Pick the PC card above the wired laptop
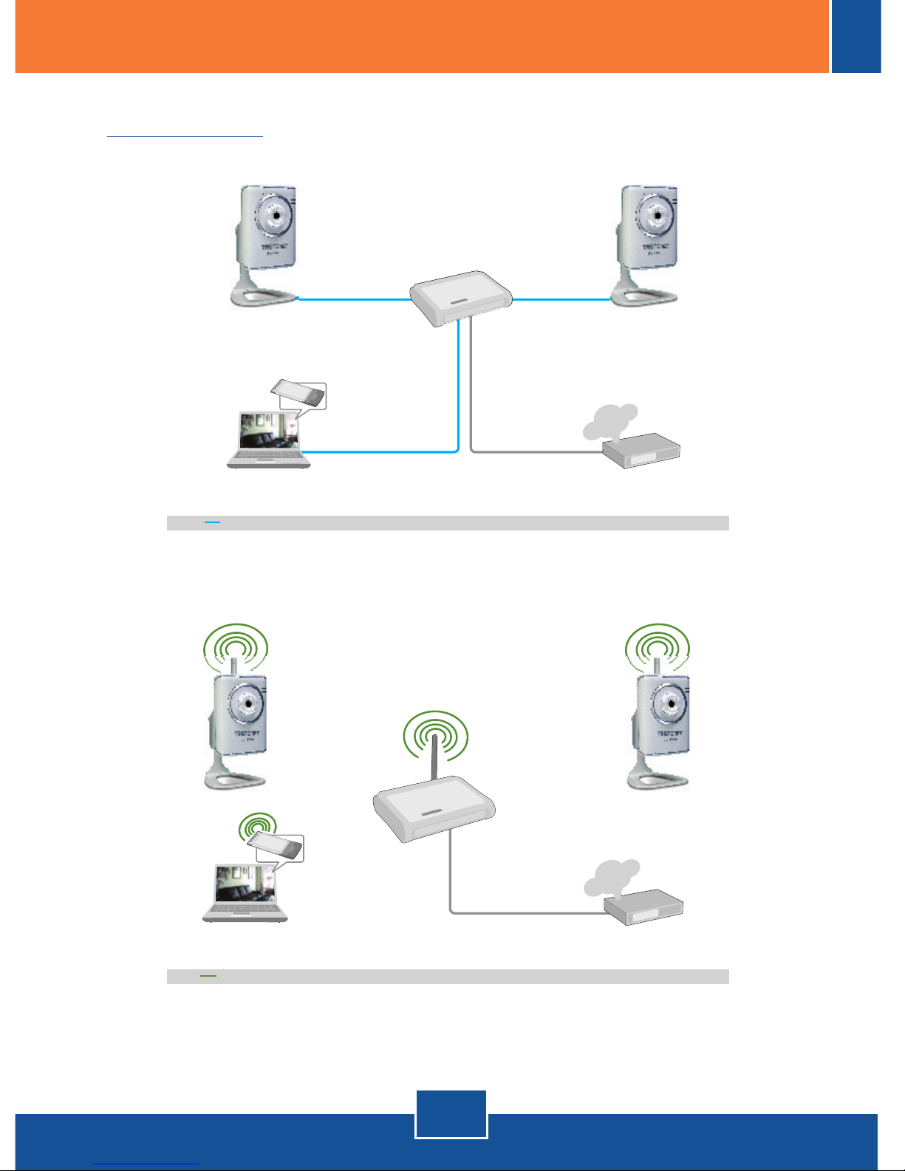click(x=299, y=392)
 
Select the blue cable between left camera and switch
click(x=355, y=299)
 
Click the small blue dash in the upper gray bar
click(x=213, y=522)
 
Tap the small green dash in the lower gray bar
click(x=208, y=976)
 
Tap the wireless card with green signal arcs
click(x=275, y=845)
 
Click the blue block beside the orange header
click(x=856, y=36)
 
